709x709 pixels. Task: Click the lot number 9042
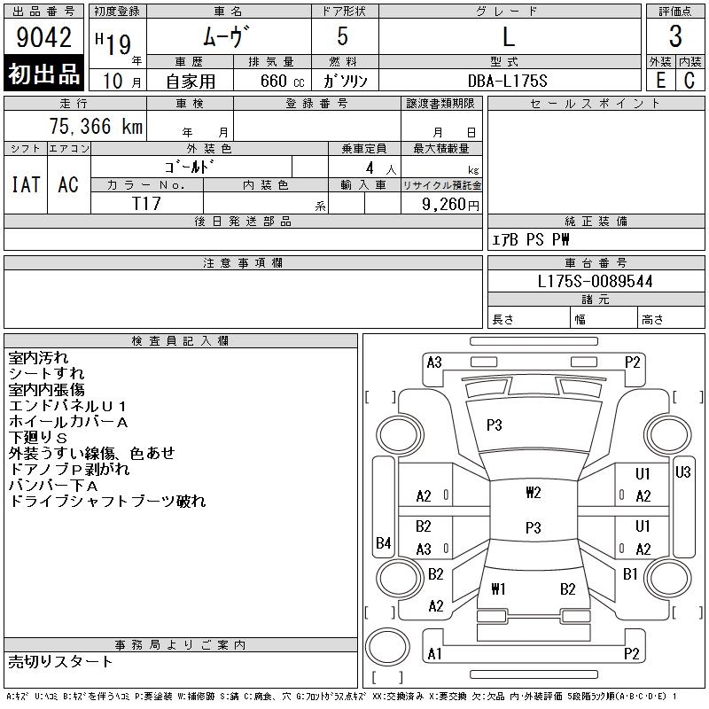(x=43, y=36)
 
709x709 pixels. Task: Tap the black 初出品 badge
(x=43, y=74)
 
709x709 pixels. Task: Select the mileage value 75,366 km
(x=96, y=126)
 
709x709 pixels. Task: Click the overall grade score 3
(x=675, y=36)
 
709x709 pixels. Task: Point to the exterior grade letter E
(x=660, y=81)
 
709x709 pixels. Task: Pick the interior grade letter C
(x=690, y=81)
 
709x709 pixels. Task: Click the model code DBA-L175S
(x=507, y=81)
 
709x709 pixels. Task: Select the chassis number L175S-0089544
(x=595, y=281)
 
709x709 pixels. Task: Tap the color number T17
(x=146, y=204)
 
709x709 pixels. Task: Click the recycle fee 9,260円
(x=450, y=205)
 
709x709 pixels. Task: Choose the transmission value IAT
(x=26, y=184)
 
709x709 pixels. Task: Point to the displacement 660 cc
(x=282, y=81)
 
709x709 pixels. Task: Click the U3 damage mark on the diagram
(x=682, y=472)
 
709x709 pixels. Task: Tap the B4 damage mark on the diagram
(x=384, y=542)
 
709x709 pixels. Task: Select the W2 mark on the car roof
(x=534, y=492)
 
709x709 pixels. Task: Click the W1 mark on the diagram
(x=498, y=588)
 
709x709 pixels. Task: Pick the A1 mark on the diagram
(x=434, y=654)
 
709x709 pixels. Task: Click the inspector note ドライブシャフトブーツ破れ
(x=107, y=501)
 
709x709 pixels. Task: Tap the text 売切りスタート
(x=60, y=661)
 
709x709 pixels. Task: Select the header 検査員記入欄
(x=180, y=340)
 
